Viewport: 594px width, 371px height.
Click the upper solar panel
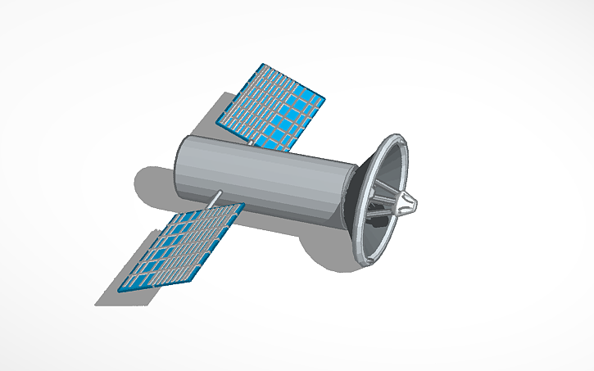[x=274, y=104]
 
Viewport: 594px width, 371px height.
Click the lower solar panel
[x=181, y=246]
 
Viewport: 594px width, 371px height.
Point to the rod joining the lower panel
[x=215, y=197]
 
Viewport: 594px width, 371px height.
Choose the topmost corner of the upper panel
[x=261, y=63]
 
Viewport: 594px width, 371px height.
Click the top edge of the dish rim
[x=398, y=136]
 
